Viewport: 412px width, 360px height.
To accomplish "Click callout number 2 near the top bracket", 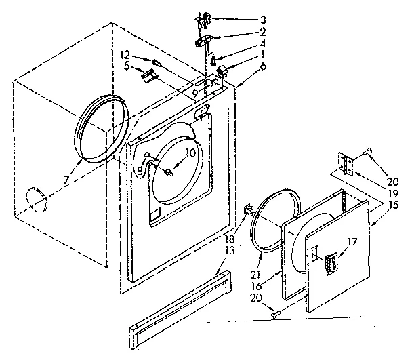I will (243, 32).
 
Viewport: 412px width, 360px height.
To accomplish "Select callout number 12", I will (125, 54).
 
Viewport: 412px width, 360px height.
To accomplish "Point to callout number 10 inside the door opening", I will (190, 153).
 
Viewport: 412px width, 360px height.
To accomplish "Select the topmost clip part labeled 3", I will (201, 21).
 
